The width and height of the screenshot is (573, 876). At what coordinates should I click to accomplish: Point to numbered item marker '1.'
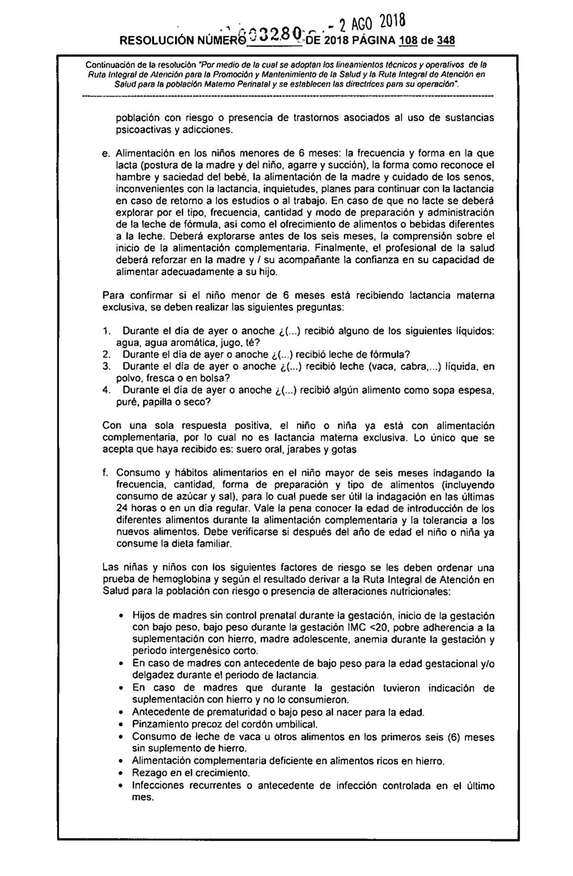point(106,331)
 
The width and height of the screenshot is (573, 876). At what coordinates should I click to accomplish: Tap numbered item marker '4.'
point(106,390)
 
